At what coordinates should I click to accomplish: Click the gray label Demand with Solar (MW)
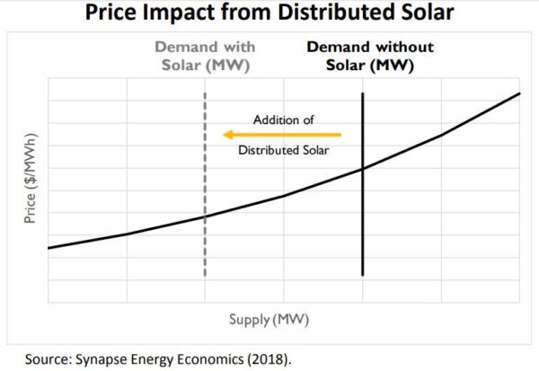click(205, 56)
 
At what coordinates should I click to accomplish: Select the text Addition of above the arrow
click(284, 119)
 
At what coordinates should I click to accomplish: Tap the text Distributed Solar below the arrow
click(284, 150)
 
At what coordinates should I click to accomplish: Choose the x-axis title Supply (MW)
click(285, 319)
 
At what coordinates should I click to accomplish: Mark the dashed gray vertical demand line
click(206, 261)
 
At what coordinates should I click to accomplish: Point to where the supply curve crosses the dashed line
click(206, 216)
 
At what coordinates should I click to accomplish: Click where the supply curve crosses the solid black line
click(363, 168)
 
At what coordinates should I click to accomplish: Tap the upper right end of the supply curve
click(519, 93)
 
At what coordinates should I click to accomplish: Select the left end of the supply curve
click(49, 247)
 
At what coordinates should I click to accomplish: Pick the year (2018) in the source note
click(270, 358)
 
